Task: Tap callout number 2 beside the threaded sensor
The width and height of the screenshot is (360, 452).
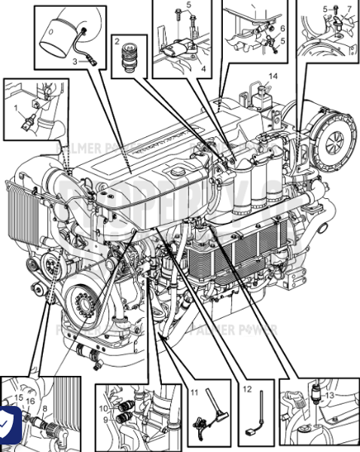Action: (117, 42)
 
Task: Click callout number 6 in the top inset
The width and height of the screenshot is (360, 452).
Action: (282, 28)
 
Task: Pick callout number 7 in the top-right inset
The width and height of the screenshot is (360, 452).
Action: (349, 8)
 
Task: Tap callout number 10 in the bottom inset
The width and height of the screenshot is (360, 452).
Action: (105, 408)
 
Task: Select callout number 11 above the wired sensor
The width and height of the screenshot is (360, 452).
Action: (194, 392)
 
